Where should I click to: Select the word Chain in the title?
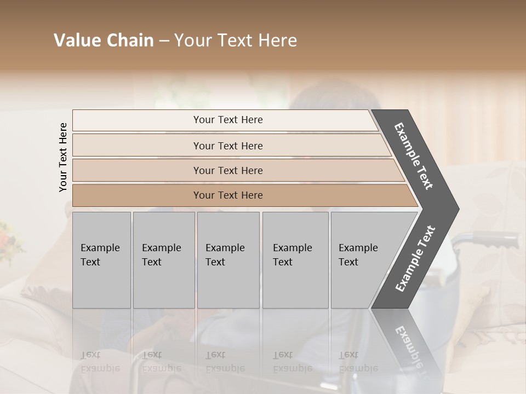coord(129,40)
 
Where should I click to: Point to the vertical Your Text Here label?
coord(63,157)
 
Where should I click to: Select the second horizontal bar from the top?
coord(227,146)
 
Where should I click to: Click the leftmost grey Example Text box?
coord(101,260)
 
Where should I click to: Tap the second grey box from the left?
coord(163,260)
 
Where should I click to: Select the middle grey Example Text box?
coord(228,260)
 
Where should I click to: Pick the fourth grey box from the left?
coord(295,260)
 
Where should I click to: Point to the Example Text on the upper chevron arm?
coord(414,157)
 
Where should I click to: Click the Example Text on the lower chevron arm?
coord(415,258)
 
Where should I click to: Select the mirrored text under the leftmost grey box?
coord(100,362)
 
